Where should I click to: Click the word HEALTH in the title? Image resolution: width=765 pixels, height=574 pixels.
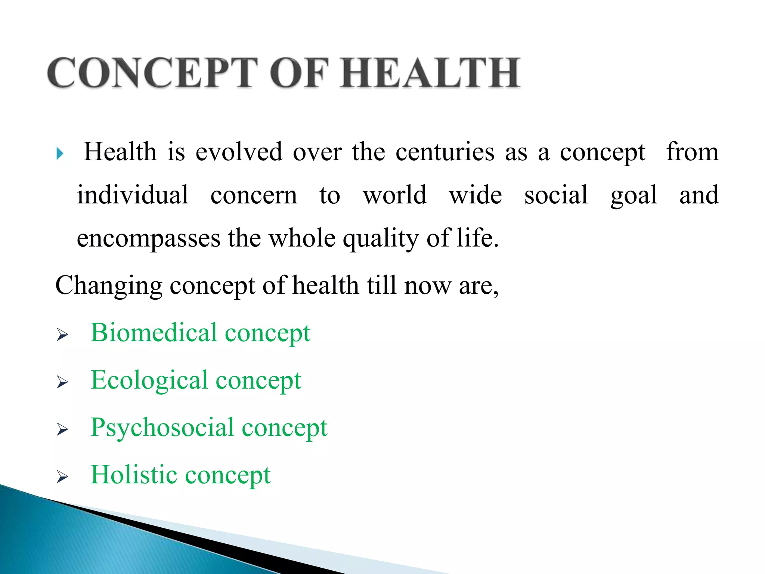pyautogui.click(x=430, y=73)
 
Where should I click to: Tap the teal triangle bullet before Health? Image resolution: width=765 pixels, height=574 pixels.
pyautogui.click(x=60, y=154)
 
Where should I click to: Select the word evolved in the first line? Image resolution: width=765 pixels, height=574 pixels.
pyautogui.click(x=239, y=152)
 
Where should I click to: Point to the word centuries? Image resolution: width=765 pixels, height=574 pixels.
pyautogui.click(x=445, y=152)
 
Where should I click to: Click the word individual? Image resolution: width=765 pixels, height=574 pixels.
pyautogui.click(x=133, y=195)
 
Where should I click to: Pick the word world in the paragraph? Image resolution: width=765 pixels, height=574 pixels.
pyautogui.click(x=395, y=195)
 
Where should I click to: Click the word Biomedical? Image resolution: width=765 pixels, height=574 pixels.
pyautogui.click(x=154, y=333)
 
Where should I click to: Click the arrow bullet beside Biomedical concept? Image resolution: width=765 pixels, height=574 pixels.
pyautogui.click(x=62, y=335)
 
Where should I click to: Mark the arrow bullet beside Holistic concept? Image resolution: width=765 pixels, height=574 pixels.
pyautogui.click(x=62, y=477)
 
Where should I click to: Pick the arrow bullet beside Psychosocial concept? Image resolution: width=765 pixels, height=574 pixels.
pyautogui.click(x=62, y=430)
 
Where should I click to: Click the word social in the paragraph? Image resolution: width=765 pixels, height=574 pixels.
pyautogui.click(x=556, y=195)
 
